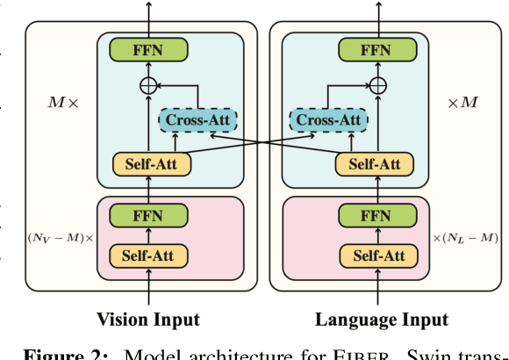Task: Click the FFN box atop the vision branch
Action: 147,49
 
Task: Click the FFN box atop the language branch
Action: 377,49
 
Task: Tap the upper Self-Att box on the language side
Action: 377,163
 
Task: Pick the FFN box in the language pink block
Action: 377,215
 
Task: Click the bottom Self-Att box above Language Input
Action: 377,256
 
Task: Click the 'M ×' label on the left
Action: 62,103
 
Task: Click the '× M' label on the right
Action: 462,103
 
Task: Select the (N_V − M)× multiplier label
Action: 61,238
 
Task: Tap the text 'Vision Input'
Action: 147,320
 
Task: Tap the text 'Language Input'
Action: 381,320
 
